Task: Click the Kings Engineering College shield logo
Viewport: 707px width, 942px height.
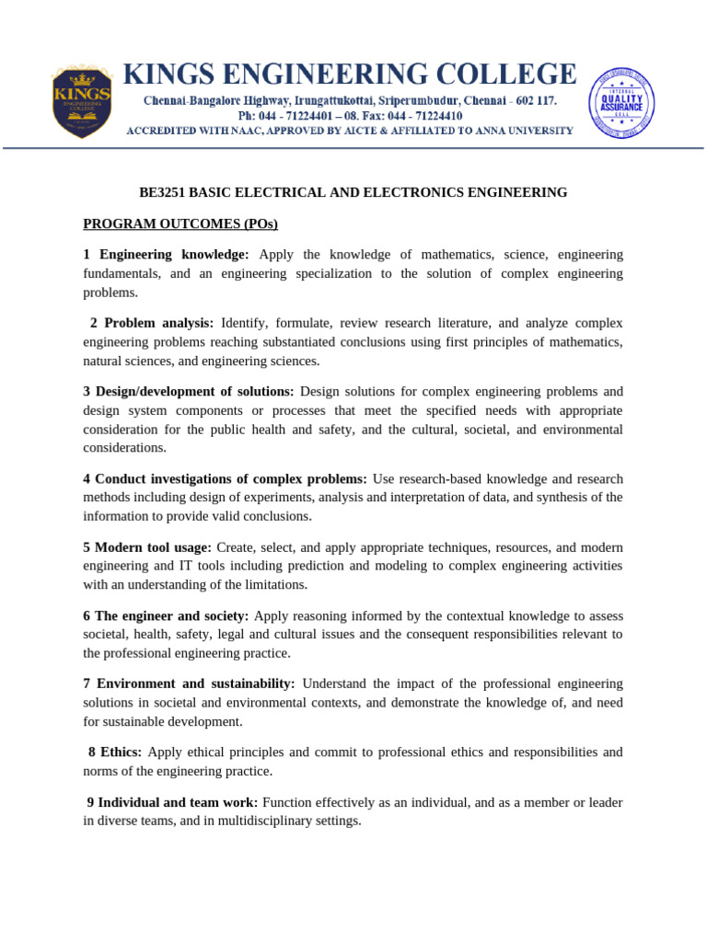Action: click(x=82, y=101)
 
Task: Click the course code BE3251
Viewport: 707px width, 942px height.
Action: click(x=162, y=192)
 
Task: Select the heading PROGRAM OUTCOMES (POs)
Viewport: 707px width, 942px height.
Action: click(x=180, y=224)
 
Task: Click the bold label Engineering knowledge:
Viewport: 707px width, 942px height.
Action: click(x=174, y=254)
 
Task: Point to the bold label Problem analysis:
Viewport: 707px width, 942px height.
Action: click(x=158, y=323)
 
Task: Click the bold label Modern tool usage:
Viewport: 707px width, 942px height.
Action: click(x=153, y=547)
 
